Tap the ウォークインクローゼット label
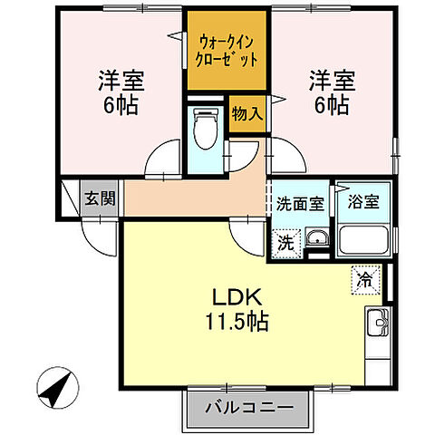tap(227, 50)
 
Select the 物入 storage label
tap(246, 114)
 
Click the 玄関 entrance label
tap(101, 198)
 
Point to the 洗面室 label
tap(299, 204)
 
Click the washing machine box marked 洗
tap(285, 242)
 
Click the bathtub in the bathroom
tap(363, 241)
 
